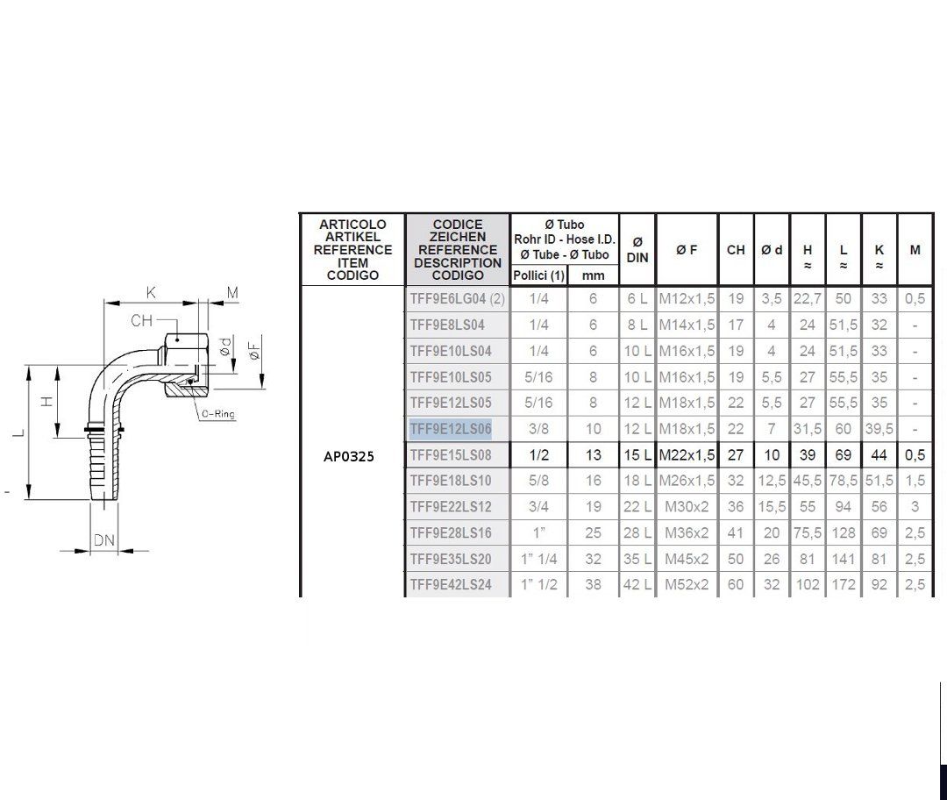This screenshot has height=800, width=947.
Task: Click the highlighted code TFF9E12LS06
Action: pyautogui.click(x=451, y=428)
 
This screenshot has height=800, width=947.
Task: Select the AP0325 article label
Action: pyautogui.click(x=348, y=456)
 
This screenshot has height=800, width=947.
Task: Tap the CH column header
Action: pyautogui.click(x=736, y=249)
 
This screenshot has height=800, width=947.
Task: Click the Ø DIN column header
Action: pyautogui.click(x=637, y=249)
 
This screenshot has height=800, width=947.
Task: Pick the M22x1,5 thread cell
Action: pyautogui.click(x=687, y=455)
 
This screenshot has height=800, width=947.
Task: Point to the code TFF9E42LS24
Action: pyautogui.click(x=451, y=584)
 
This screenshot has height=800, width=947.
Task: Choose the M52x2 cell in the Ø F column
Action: pyautogui.click(x=687, y=584)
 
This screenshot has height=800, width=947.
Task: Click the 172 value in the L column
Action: pyautogui.click(x=844, y=584)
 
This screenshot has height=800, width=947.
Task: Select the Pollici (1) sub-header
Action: pyautogui.click(x=538, y=275)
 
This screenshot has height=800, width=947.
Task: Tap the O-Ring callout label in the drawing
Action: pyautogui.click(x=218, y=414)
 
